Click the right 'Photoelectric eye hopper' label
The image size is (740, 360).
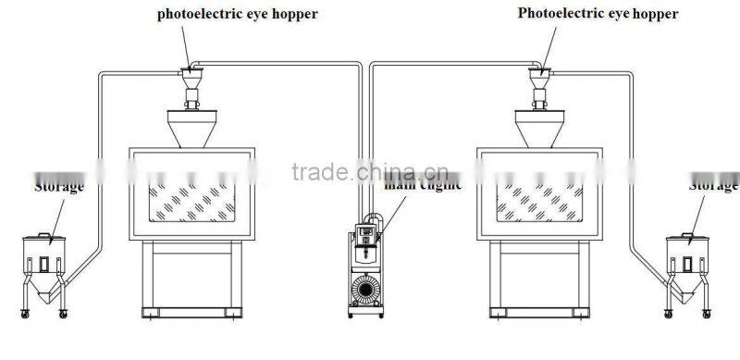598,14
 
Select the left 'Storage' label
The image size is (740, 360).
59,186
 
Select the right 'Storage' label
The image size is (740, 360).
714,186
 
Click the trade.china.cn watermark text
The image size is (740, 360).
370,173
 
